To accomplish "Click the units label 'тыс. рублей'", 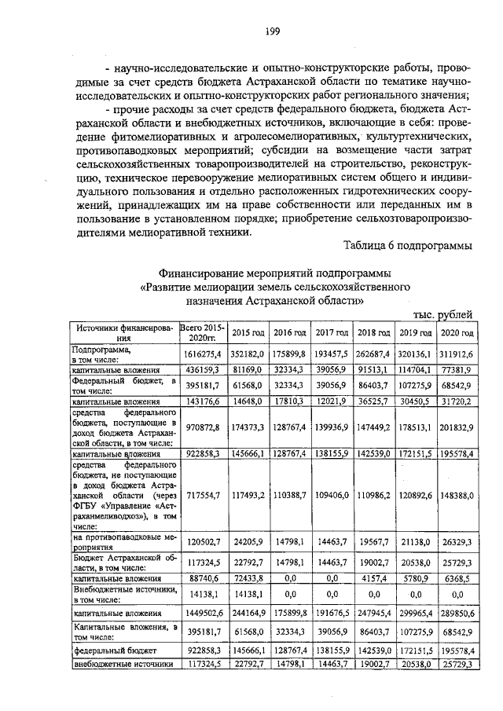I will (445, 314).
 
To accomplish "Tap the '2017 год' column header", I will (331, 333).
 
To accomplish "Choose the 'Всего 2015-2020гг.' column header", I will (202, 332).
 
